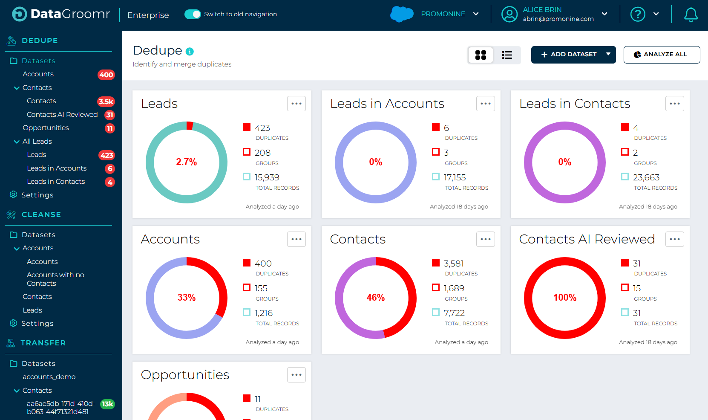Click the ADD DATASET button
point(568,55)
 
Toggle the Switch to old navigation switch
point(193,14)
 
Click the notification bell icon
point(691,14)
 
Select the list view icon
point(507,55)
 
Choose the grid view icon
point(481,55)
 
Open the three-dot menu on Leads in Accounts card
point(485,104)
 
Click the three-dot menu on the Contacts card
point(485,239)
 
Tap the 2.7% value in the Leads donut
point(187,162)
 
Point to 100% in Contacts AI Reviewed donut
point(564,298)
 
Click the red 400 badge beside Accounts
point(106,75)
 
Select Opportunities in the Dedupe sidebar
point(46,128)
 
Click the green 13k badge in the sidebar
point(107,404)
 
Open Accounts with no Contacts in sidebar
point(55,279)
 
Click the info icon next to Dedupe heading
point(190,52)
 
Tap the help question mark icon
point(637,14)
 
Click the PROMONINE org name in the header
point(443,14)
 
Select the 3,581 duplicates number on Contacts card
point(454,264)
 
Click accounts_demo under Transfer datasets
point(49,377)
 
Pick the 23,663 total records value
point(646,177)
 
